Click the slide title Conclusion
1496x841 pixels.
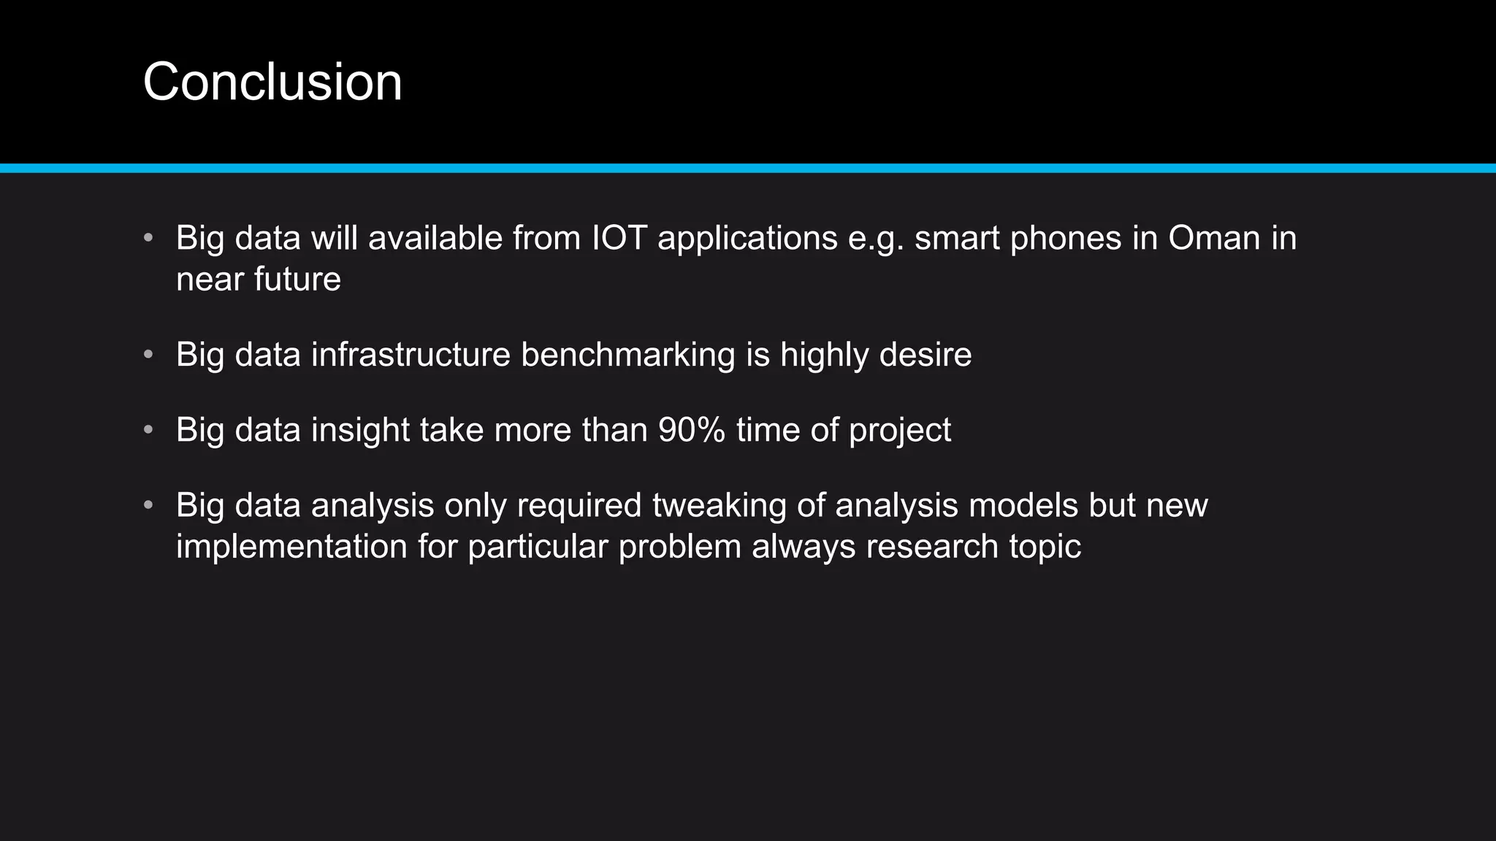coord(272,82)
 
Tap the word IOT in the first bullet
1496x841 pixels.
coord(619,239)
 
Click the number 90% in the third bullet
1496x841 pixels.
coord(691,430)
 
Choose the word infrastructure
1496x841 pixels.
coord(411,356)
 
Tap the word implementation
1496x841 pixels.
coord(291,547)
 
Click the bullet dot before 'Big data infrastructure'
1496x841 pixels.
coord(148,355)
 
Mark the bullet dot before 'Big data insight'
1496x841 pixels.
coord(148,430)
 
